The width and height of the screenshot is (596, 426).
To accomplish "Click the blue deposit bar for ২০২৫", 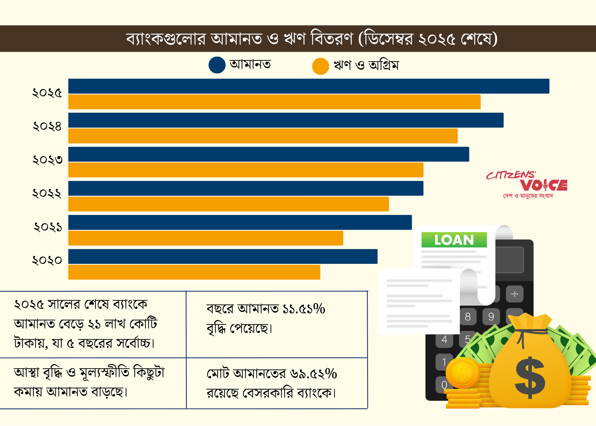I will pos(308,86).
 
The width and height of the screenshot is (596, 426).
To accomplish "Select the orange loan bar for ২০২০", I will pos(194,272).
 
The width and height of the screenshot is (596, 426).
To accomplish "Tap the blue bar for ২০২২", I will pos(246,188).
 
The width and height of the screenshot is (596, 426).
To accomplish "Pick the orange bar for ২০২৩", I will pos(246,170).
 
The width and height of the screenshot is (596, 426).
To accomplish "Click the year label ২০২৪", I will pos(47,126).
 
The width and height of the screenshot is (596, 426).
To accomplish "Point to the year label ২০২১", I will pos(48,227).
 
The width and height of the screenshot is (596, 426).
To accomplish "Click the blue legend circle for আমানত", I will pos(217,65).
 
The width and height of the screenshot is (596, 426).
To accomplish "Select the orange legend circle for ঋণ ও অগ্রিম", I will pos(320,66).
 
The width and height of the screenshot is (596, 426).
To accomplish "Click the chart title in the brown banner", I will pos(311,39).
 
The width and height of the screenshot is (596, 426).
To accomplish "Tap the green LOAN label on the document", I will pos(454,240).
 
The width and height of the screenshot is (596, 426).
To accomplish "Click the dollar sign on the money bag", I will pos(530,377).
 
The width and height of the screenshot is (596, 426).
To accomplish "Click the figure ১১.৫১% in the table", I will pos(304,309).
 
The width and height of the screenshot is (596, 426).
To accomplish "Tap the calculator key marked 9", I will pos(491,317).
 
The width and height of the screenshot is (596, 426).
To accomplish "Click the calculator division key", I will pos(514,294).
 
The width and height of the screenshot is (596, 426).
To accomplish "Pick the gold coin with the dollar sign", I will pos(462,373).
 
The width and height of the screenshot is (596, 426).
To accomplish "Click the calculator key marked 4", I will pos(444,340).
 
